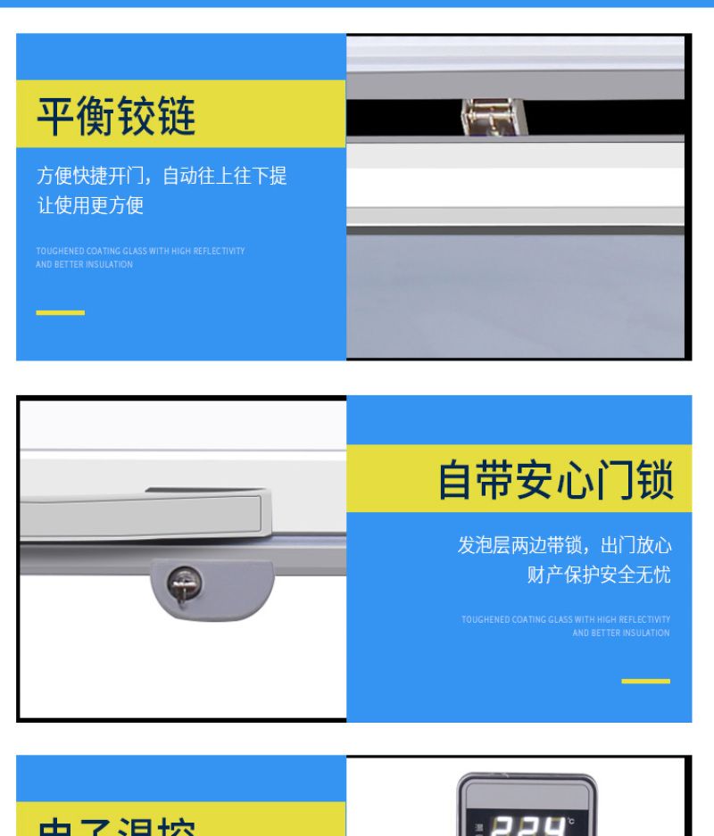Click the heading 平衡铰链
116,115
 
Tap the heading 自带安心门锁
555,479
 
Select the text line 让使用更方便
89,205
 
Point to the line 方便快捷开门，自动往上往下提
162,176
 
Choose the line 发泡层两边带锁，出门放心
564,545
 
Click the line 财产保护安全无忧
598,575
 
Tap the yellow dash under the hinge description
60,313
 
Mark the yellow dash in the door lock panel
645,681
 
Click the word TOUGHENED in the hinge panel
60,252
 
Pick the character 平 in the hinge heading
55,115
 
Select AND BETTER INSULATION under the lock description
621,633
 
